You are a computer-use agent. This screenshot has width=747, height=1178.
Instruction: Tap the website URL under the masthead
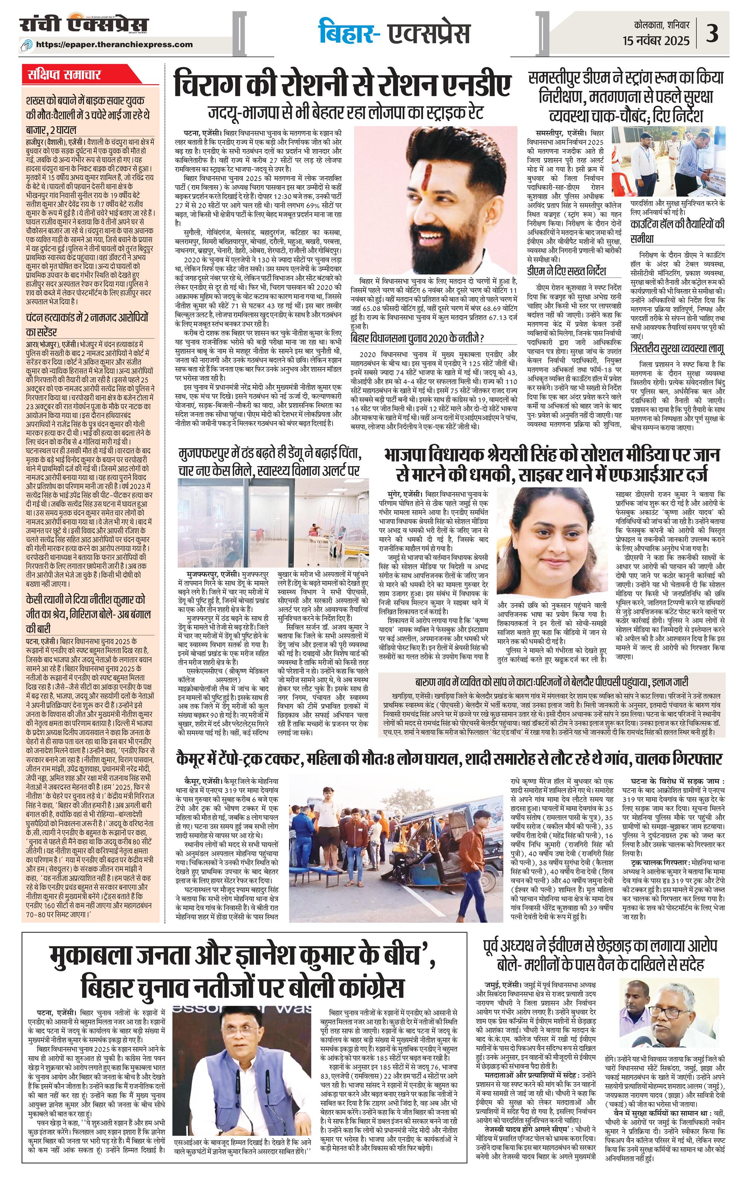click(121, 44)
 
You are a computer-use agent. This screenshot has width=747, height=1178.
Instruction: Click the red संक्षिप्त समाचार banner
click(65, 75)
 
